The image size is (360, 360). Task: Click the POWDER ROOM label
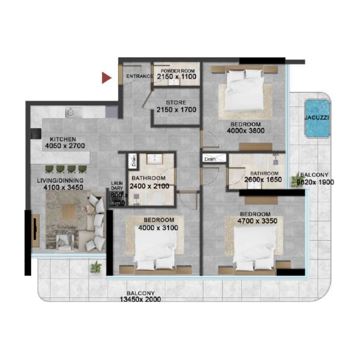175,71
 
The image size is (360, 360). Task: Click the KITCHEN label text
63,139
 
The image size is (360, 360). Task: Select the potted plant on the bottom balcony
95,267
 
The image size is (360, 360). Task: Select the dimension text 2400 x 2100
149,186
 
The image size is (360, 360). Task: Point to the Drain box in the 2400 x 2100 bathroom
133,160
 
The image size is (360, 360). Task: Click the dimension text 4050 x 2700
63,146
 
